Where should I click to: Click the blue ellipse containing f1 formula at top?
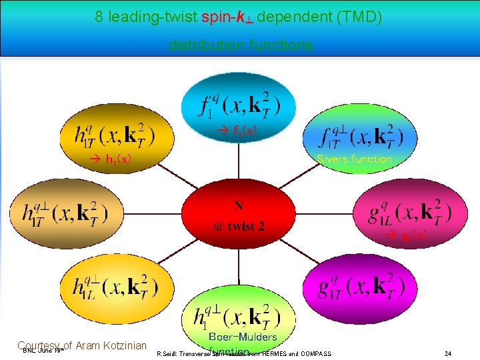click(239, 100)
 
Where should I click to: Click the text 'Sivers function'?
click(354, 159)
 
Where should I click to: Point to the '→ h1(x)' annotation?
click(111, 159)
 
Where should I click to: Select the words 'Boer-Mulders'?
click(242, 337)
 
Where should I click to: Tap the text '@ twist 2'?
click(239, 226)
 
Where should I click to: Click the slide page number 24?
click(448, 353)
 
